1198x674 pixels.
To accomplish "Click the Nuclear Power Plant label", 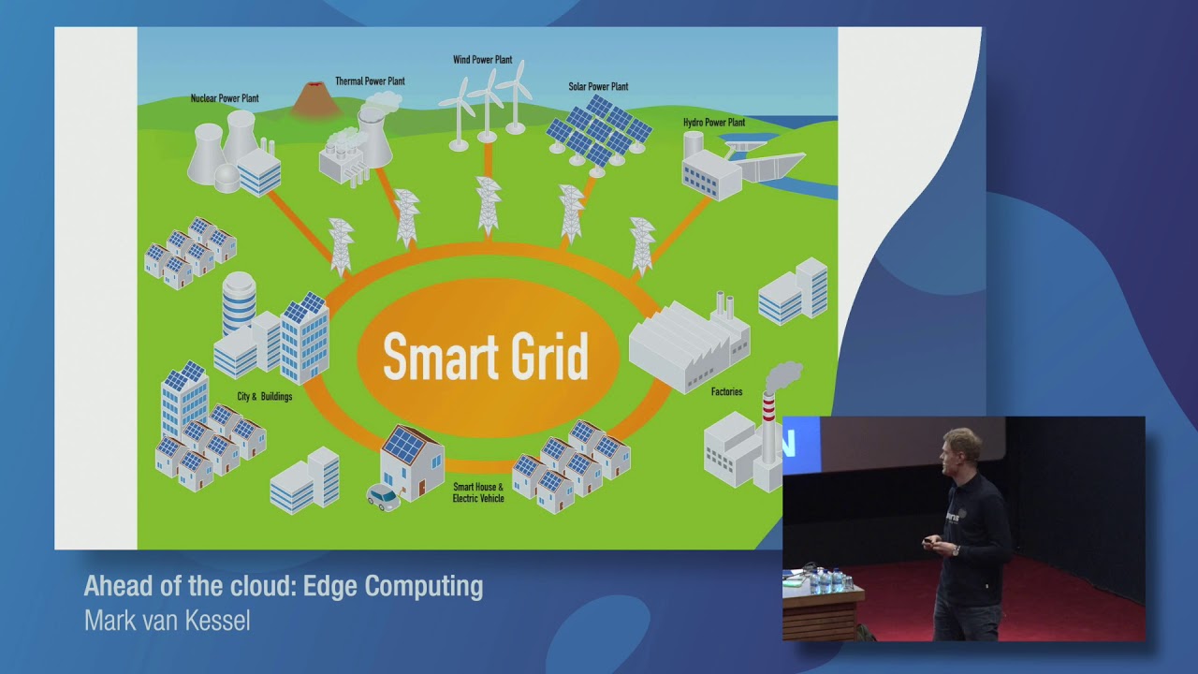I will (225, 98).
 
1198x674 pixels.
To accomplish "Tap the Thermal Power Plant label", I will (370, 81).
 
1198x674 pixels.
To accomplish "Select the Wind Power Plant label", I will (482, 60).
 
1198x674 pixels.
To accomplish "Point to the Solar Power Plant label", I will (598, 87).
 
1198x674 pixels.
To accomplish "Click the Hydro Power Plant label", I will (713, 123).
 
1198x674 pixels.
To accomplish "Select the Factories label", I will (726, 392).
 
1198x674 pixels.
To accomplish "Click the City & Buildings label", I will (264, 397).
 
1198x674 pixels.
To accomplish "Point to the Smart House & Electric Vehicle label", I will (478, 492).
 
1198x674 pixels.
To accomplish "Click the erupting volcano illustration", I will (315, 100).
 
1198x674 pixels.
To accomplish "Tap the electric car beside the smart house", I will (384, 497).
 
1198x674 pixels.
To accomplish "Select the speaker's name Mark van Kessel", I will (167, 621).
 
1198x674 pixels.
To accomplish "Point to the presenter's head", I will (961, 447).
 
